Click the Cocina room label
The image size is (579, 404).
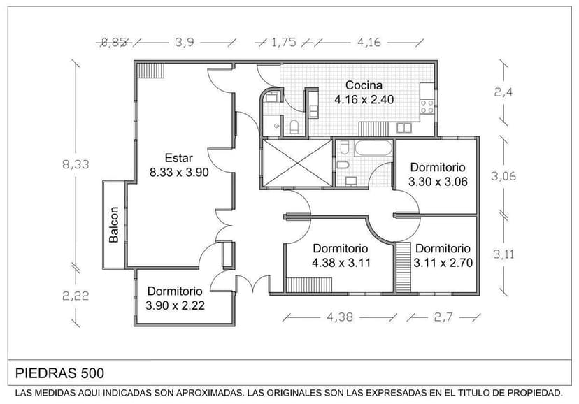[364, 85]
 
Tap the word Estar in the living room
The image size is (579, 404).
[179, 158]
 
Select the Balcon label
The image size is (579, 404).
[114, 225]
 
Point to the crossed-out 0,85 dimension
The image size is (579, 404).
[114, 42]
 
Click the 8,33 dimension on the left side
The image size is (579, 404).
[76, 165]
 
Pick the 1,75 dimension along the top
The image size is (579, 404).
[284, 42]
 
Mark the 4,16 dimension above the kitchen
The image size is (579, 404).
[369, 42]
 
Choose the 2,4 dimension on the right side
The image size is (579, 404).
[504, 92]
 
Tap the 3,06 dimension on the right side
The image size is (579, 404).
[503, 177]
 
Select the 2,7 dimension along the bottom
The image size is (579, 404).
[443, 317]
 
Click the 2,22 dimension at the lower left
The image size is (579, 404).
[76, 296]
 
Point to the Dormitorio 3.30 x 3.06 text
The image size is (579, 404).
[437, 175]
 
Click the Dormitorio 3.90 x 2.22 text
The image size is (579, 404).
[175, 298]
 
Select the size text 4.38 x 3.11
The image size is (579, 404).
[341, 264]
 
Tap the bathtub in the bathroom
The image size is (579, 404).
[373, 148]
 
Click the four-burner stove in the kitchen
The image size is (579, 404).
[426, 107]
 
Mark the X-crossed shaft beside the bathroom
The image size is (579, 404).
[296, 164]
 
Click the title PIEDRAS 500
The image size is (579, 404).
[59, 373]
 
